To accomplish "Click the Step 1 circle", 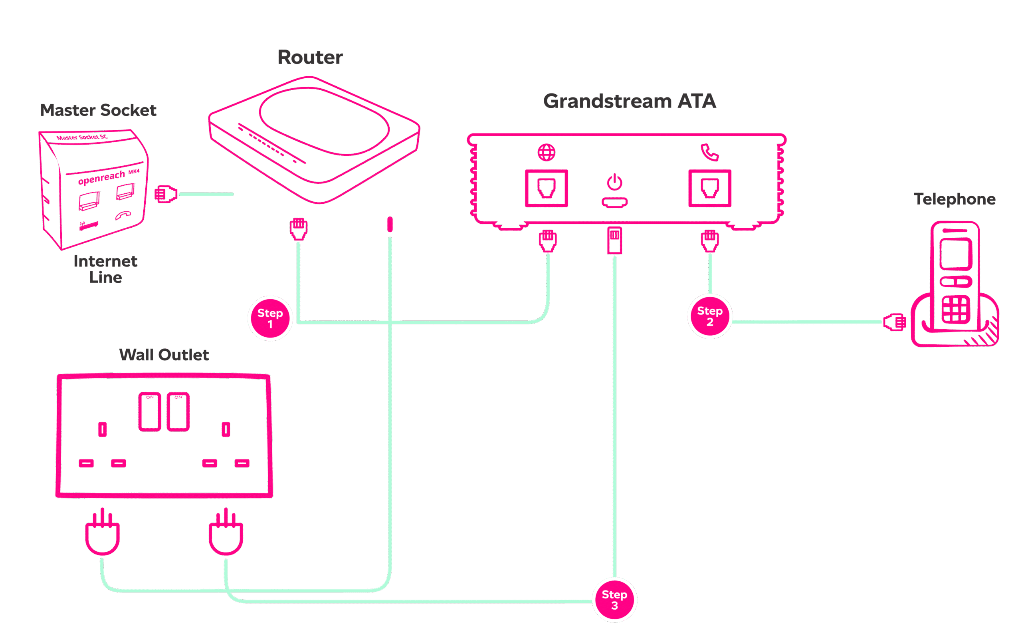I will click(x=270, y=318).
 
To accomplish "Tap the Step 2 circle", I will click(x=709, y=316).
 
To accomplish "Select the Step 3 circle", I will click(x=614, y=600).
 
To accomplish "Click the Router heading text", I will click(x=310, y=58).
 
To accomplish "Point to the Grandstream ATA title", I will click(x=630, y=101).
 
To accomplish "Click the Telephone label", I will click(x=955, y=199).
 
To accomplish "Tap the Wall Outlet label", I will click(x=164, y=355).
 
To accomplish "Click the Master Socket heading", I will click(x=98, y=110).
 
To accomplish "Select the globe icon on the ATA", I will click(x=547, y=153).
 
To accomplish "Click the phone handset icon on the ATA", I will click(x=709, y=152).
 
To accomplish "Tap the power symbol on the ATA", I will click(x=614, y=183).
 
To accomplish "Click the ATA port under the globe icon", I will click(x=547, y=188).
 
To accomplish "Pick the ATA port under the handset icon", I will click(x=709, y=188).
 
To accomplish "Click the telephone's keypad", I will click(x=955, y=310).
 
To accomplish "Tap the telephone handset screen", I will click(x=955, y=254).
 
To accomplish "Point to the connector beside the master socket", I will click(x=166, y=194).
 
